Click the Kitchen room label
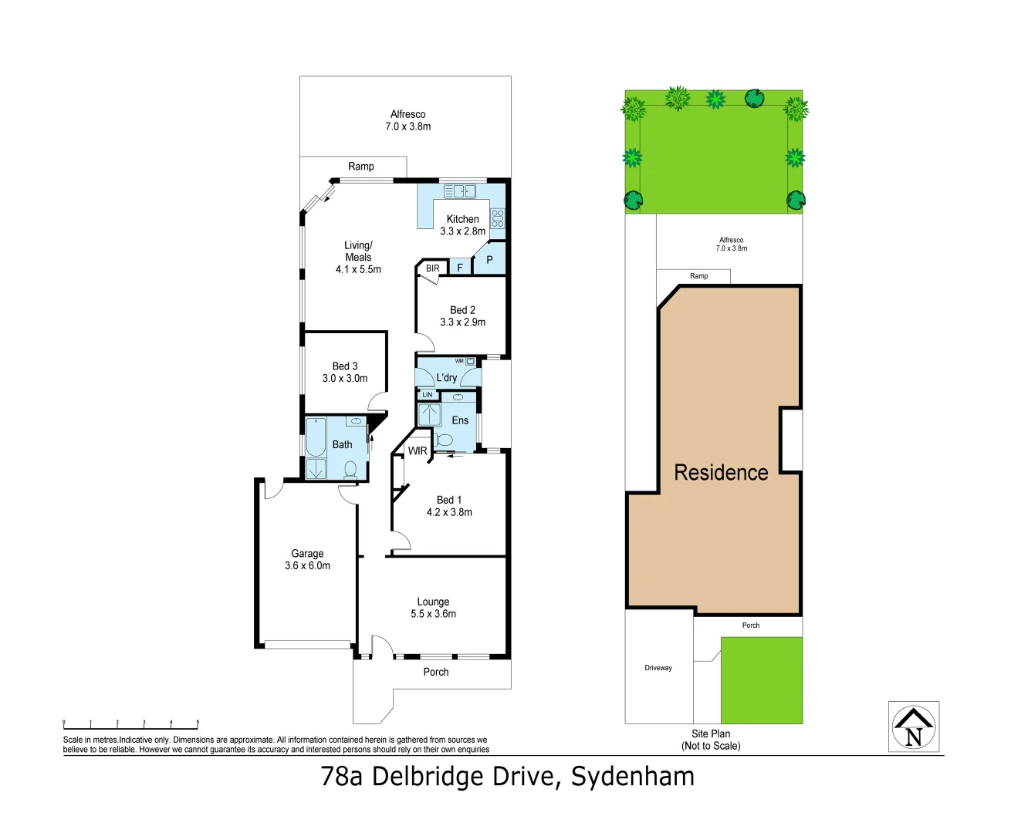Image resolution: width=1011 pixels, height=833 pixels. point(462,219)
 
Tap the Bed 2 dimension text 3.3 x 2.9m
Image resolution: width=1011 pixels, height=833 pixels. point(462,322)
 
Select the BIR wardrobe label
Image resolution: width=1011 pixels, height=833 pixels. point(433,268)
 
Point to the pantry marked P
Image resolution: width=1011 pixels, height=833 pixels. point(489,260)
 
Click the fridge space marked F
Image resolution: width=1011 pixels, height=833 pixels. point(460,268)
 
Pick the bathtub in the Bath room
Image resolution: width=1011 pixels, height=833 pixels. point(316,437)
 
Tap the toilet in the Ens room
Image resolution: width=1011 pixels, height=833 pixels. point(444,440)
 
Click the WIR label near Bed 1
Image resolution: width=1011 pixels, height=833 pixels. point(418,451)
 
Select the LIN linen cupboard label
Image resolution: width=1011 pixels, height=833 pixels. point(428,395)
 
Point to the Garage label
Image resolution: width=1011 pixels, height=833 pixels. point(307,554)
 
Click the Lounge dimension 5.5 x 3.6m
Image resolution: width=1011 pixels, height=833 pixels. point(433,614)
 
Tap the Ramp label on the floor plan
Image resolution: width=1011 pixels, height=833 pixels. point(360,167)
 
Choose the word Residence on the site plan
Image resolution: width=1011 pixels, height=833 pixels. point(721,473)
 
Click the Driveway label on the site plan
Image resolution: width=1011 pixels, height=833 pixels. point(658,668)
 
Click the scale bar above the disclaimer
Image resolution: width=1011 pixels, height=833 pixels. point(130,724)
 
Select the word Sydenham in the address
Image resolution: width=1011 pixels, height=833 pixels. point(633,777)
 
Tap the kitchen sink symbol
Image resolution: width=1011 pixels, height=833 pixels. point(459,191)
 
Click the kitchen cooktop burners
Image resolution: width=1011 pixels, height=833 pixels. point(498,218)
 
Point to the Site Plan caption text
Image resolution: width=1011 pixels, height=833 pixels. point(711,734)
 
